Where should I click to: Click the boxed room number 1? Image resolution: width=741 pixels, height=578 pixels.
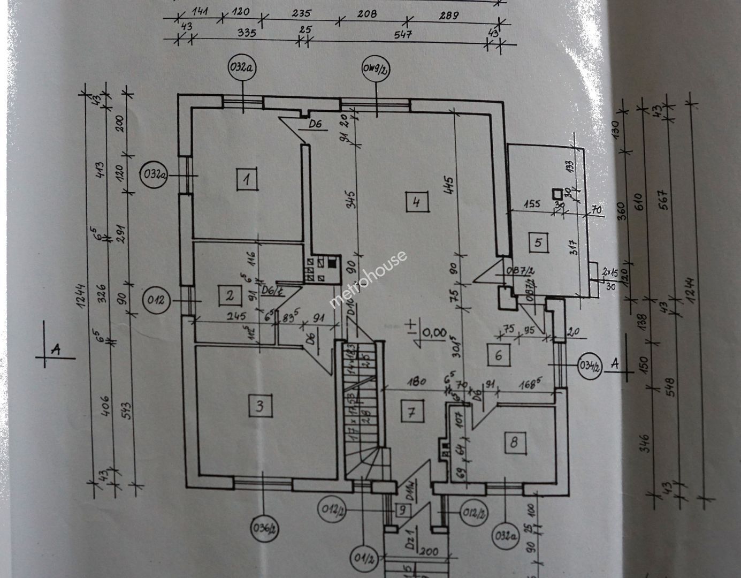(247, 178)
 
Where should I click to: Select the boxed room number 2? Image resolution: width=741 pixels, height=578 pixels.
(229, 294)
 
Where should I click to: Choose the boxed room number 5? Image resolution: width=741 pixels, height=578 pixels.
(538, 242)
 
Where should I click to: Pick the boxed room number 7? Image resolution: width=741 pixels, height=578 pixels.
(411, 412)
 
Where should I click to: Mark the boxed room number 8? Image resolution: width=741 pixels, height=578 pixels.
(514, 442)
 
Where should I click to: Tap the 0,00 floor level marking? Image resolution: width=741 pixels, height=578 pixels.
(434, 332)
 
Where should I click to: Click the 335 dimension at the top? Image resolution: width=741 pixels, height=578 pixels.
(247, 33)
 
